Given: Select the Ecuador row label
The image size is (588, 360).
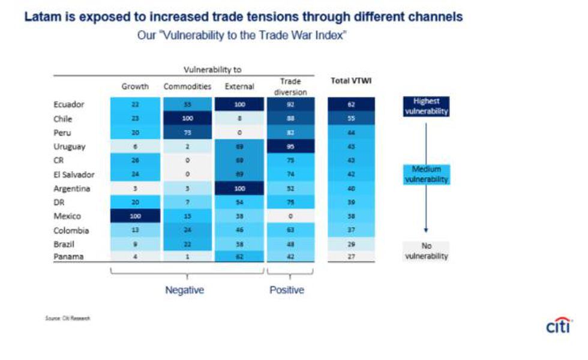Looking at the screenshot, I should (68, 104).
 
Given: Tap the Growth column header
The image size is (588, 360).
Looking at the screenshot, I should (135, 86).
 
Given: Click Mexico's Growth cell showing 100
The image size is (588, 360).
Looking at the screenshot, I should (135, 217).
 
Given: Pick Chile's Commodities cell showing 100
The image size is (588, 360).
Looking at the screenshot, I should (187, 119).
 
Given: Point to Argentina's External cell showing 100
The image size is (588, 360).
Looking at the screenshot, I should (239, 188).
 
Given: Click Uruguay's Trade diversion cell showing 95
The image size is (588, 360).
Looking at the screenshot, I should (290, 146).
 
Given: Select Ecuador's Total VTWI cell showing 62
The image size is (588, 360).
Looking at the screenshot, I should (351, 104).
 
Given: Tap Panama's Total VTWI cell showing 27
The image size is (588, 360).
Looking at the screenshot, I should (351, 256).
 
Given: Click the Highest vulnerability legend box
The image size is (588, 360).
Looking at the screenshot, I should (427, 107).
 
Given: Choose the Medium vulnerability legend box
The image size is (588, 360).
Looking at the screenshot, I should (427, 175).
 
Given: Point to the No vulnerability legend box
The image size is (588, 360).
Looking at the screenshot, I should (427, 251).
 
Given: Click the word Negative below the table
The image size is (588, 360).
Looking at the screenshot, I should (185, 290).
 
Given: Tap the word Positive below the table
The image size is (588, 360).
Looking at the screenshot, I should (287, 290).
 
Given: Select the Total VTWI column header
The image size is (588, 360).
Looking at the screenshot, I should (350, 81).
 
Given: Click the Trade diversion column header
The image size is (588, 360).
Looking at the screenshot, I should (290, 86).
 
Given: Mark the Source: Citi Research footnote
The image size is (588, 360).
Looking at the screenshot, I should (67, 318).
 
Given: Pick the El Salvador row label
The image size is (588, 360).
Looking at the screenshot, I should (74, 175).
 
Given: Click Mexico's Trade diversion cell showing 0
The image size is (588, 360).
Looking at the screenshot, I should (290, 217).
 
